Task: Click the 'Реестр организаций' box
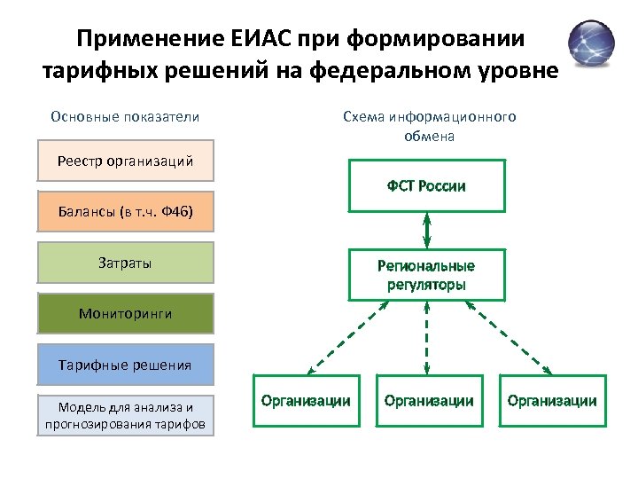(x=126, y=161)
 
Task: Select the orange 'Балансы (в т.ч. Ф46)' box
(x=126, y=212)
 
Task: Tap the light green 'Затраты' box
(x=126, y=263)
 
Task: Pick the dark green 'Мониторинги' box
(x=126, y=313)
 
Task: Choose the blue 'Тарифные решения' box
(x=126, y=364)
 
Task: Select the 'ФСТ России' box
(x=426, y=185)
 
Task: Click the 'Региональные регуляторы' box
(x=426, y=276)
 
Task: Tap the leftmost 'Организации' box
(x=306, y=401)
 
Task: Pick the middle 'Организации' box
(x=429, y=401)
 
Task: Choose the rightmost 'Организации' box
(x=552, y=401)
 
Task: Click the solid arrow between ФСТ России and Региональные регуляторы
(x=427, y=230)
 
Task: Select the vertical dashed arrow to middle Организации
(x=427, y=337)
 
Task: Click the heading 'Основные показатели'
(x=125, y=117)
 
